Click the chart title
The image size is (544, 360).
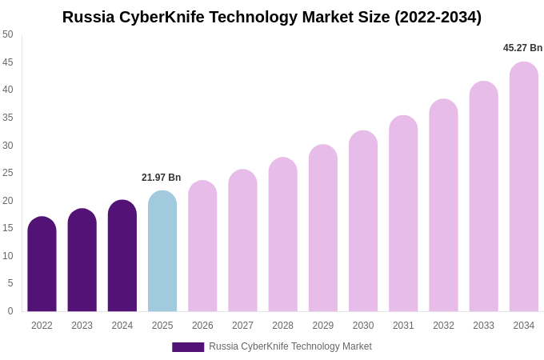[272, 17]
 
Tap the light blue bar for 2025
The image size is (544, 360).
[162, 251]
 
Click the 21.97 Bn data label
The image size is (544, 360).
[162, 178]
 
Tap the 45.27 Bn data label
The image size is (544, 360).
[522, 48]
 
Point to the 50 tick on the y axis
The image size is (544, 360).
[8, 34]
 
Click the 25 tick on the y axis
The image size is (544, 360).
[8, 173]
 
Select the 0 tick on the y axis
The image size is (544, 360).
[10, 311]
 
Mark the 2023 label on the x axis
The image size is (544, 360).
[82, 326]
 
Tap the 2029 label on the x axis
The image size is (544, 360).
[323, 326]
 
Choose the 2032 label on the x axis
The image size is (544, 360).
[443, 326]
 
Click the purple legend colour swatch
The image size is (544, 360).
[188, 347]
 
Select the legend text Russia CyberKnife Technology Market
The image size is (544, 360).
[290, 346]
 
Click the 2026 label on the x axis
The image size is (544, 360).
[202, 326]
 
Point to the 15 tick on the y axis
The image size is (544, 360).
[8, 228]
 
